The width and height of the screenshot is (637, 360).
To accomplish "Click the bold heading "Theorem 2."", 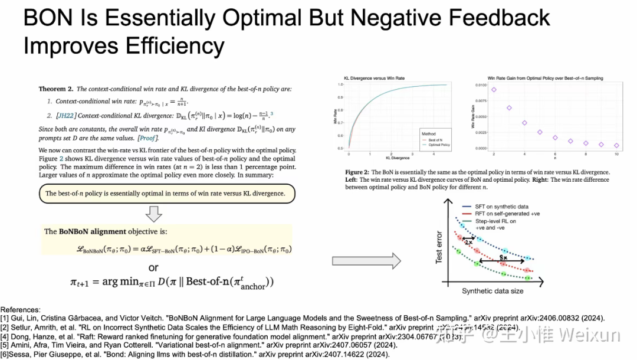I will [x=56, y=89].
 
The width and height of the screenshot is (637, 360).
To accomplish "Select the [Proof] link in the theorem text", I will [x=147, y=138].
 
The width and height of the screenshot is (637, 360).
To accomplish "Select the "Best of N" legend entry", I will [x=437, y=139].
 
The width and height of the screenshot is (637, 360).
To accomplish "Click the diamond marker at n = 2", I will [x=494, y=90].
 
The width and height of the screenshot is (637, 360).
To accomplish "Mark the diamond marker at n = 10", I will [x=616, y=145].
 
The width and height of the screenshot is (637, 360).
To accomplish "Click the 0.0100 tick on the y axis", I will [x=481, y=86].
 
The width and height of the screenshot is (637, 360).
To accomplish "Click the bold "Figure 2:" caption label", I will [x=358, y=172].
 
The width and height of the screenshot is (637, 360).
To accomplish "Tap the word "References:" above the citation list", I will [x=21, y=310].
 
